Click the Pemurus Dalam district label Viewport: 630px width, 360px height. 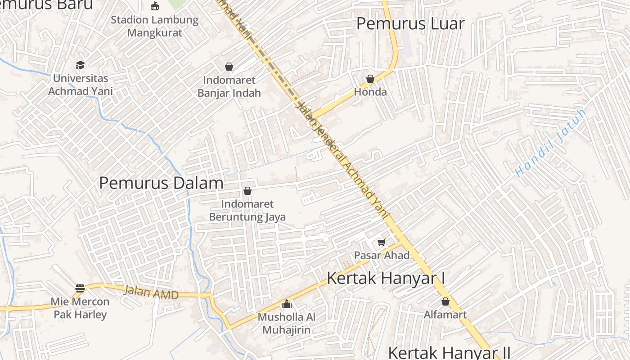[x=161, y=183]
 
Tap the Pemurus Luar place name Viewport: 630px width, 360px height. [x=410, y=23]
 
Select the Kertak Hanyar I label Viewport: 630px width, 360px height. [x=386, y=278]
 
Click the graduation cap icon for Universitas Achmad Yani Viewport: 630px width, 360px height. [x=80, y=65]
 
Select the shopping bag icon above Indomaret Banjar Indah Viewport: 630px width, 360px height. [x=229, y=67]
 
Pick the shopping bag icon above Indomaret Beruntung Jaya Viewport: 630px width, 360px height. [x=247, y=191]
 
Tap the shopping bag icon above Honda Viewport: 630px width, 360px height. [x=370, y=79]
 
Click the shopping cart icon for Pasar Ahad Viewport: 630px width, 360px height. [x=382, y=243]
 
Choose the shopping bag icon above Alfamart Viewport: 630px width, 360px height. [x=445, y=301]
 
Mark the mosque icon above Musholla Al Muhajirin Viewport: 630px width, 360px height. [x=286, y=304]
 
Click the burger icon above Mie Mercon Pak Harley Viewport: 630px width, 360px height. [x=80, y=288]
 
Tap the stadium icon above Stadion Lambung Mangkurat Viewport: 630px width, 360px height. [x=155, y=6]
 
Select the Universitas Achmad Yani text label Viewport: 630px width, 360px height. [x=81, y=85]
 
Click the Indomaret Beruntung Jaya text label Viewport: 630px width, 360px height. [x=247, y=211]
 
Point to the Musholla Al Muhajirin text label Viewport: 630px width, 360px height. [x=286, y=324]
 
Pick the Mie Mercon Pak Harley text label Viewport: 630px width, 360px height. [x=80, y=308]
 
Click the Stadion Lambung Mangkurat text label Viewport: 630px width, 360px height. [x=154, y=26]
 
